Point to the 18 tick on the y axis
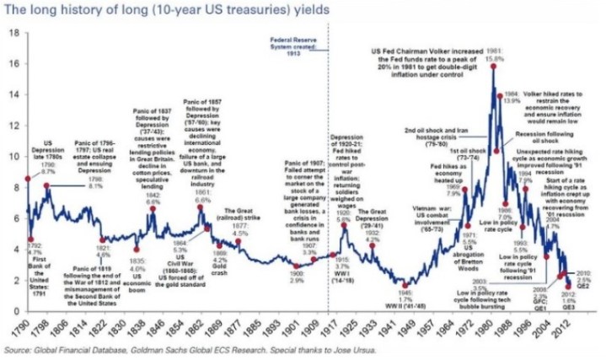tap(14, 33)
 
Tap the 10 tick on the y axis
tap(14, 156)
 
